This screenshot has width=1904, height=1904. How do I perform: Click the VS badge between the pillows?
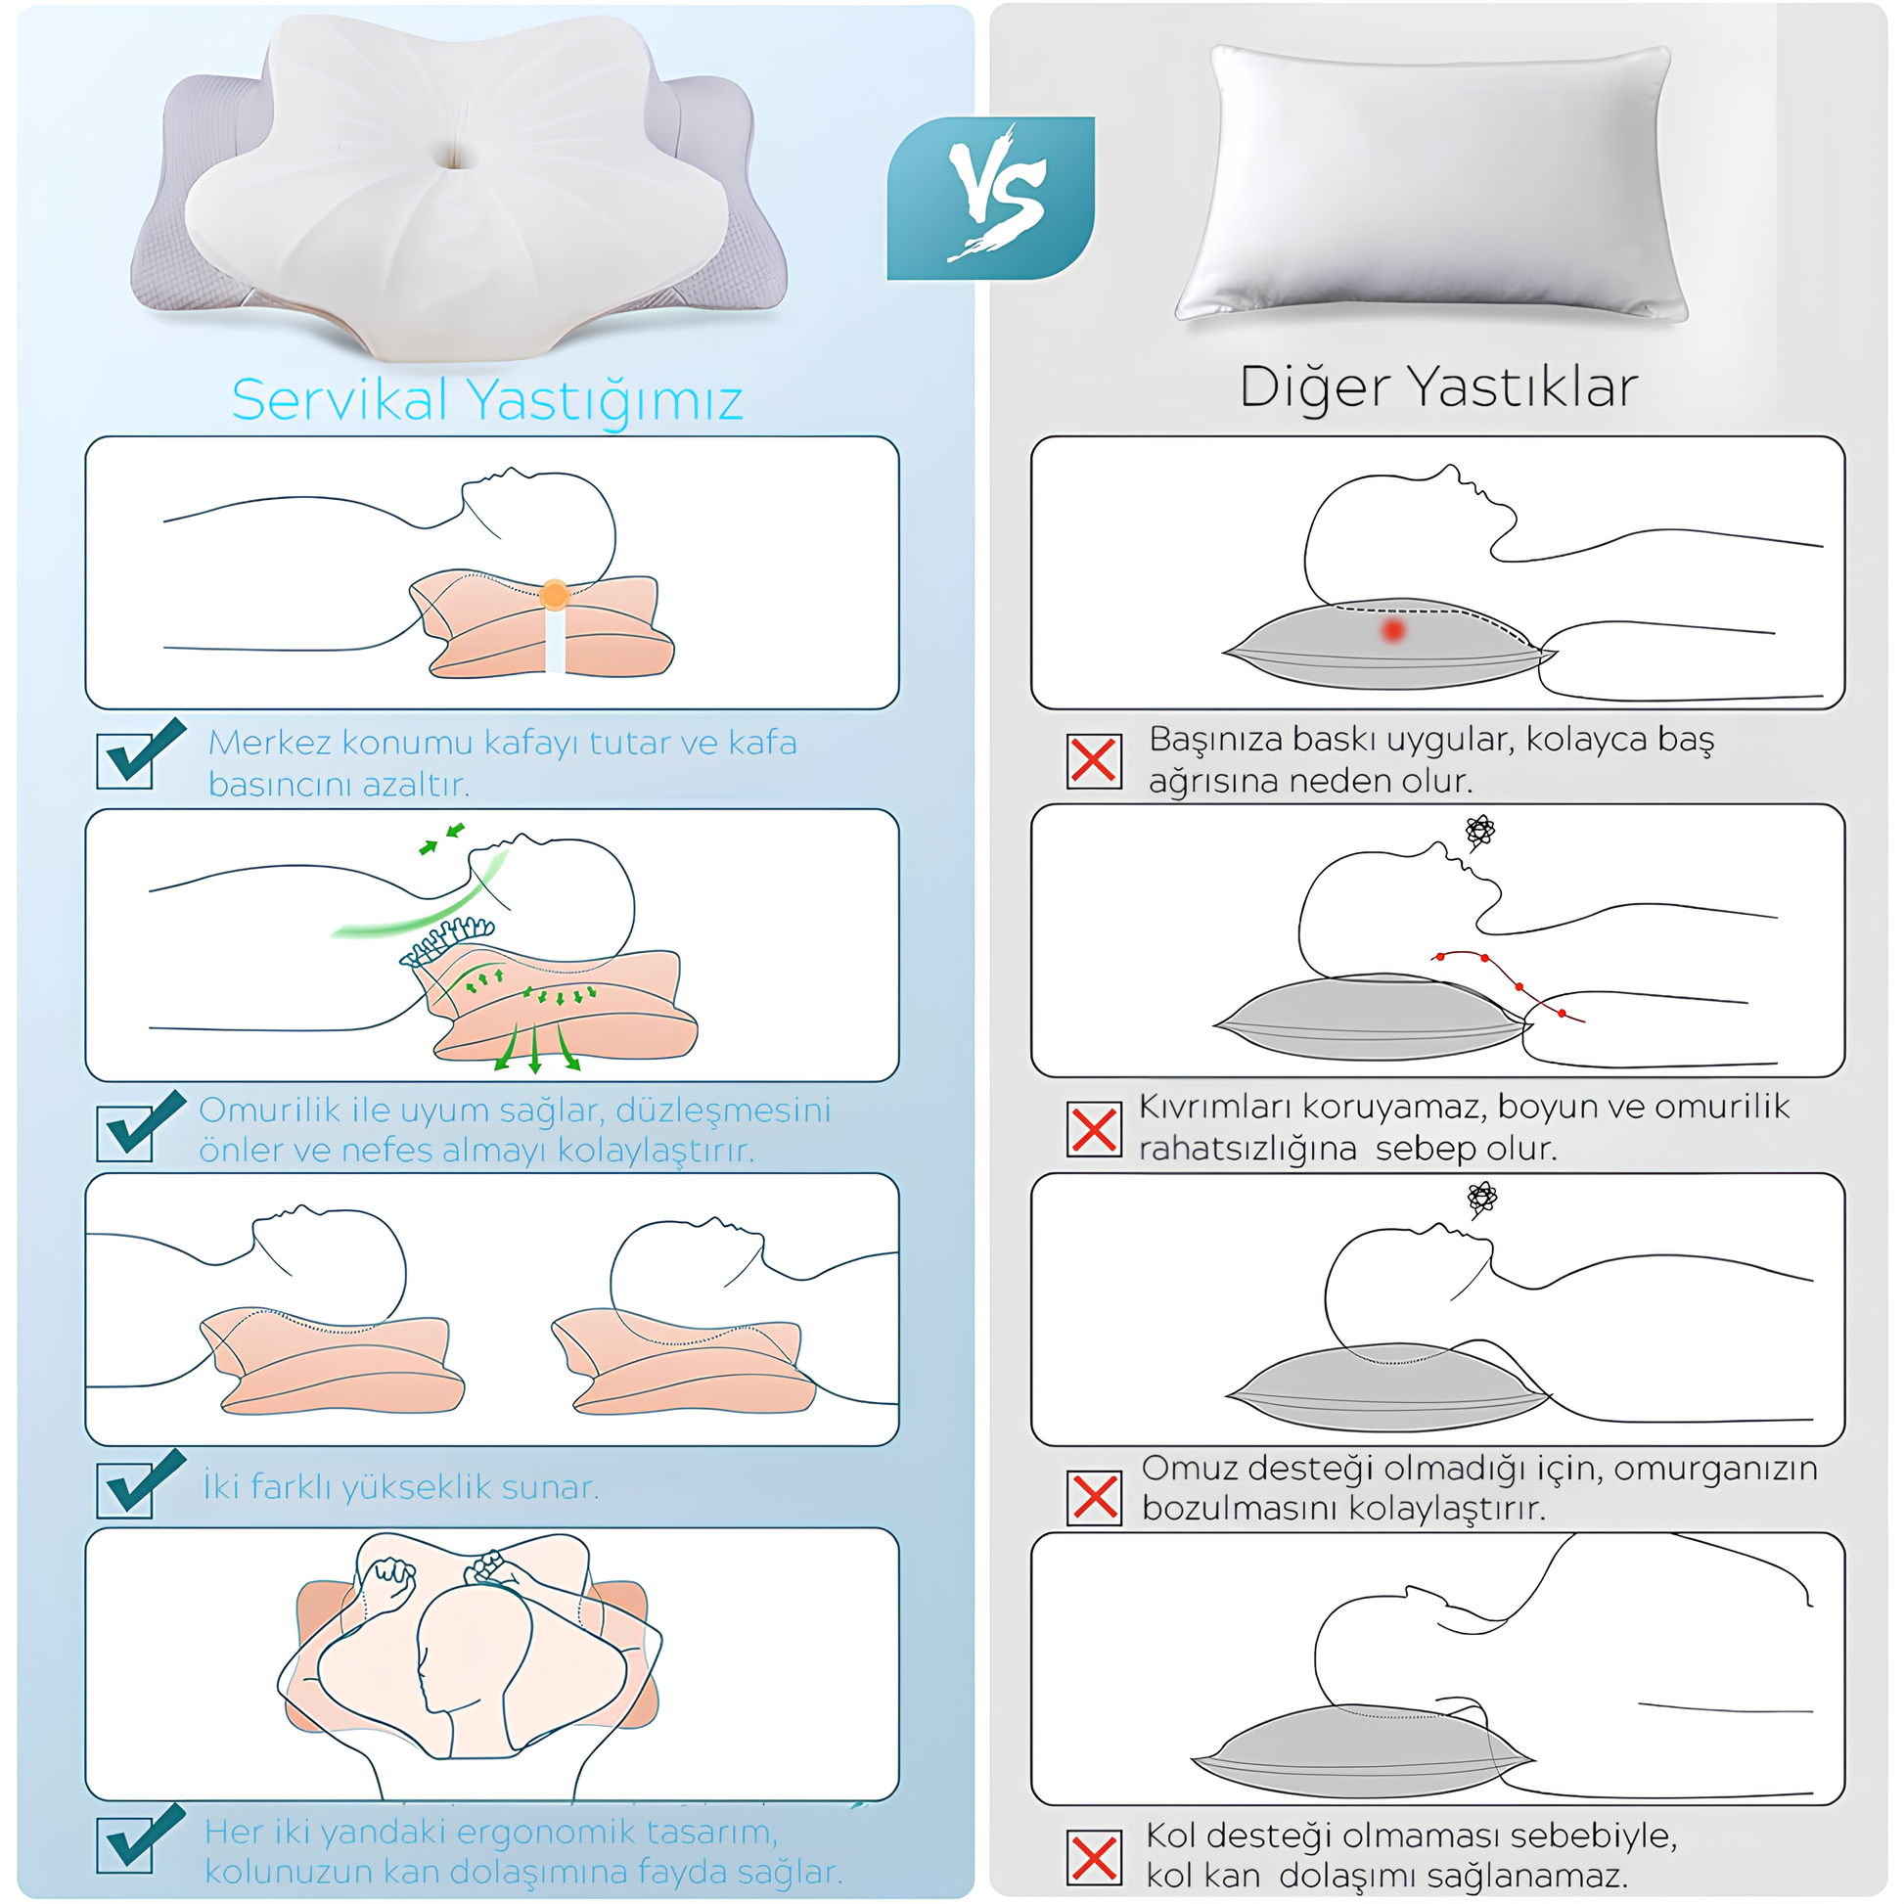990,198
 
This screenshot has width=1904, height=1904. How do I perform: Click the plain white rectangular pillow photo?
1432,183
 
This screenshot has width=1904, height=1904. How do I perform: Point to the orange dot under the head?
555,594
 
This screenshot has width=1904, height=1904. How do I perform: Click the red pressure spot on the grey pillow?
1392,630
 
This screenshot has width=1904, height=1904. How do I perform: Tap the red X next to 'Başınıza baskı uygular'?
1094,761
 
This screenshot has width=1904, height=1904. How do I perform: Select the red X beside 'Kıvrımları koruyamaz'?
1094,1128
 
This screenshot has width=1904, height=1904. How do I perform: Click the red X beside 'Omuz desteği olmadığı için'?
1094,1497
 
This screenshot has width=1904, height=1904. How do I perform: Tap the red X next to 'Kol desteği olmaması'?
1094,1857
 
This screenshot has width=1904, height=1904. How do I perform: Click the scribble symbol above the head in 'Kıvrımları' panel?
1479,832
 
